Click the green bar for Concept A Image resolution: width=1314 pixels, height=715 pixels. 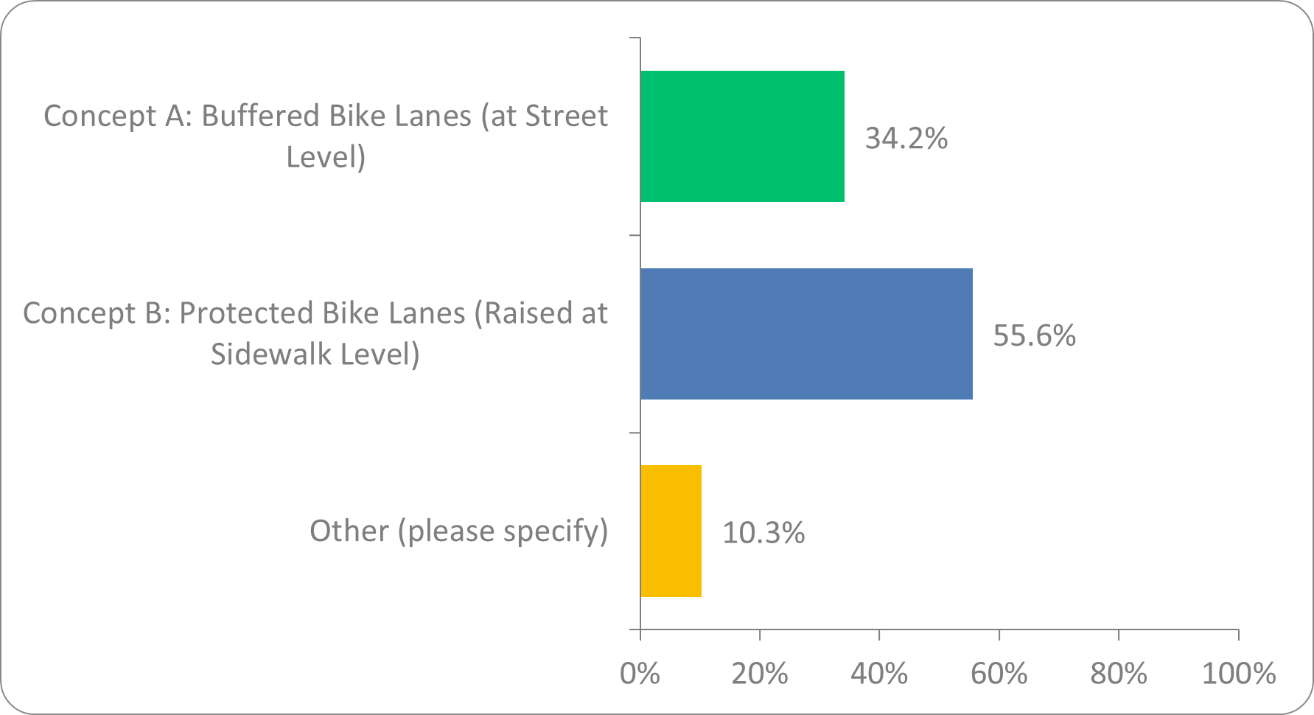click(742, 136)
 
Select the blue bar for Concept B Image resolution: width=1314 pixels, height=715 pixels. click(806, 334)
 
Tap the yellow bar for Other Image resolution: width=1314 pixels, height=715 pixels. click(671, 531)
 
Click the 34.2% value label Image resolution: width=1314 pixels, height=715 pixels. click(906, 138)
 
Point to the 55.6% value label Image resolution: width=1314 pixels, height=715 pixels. click(1034, 335)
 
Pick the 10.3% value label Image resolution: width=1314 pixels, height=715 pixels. click(763, 532)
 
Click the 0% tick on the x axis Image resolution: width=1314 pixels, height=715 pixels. click(640, 673)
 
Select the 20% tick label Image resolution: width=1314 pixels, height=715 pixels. click(759, 673)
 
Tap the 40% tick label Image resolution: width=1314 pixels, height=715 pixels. click(878, 673)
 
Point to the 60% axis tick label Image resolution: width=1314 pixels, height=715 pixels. click(999, 673)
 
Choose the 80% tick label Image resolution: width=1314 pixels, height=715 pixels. click(1118, 673)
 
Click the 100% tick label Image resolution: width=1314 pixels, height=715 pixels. click(1237, 673)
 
